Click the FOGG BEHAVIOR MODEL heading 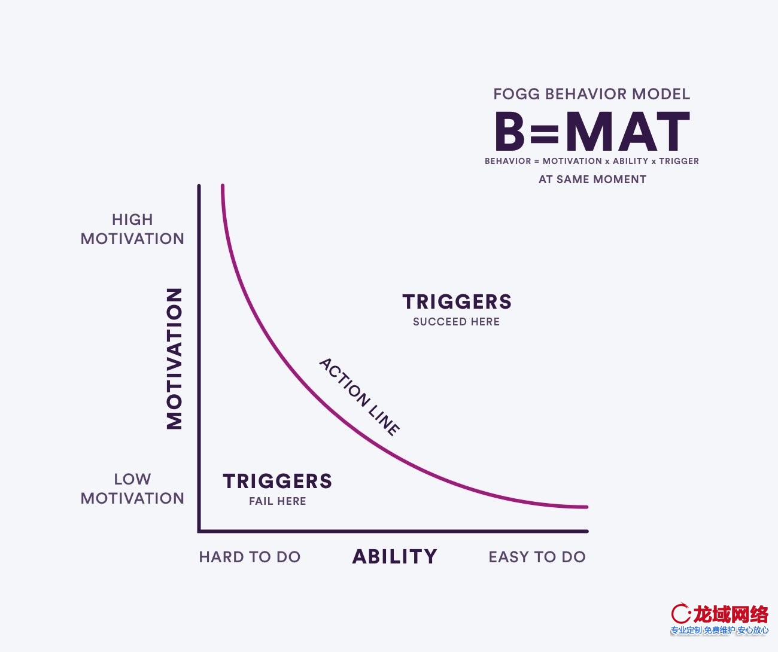tap(592, 94)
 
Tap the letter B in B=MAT tap(509, 131)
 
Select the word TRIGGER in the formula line tap(679, 162)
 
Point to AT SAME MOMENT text tap(592, 179)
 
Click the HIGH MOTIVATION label tap(132, 229)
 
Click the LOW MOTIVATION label tap(132, 489)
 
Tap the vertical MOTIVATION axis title tap(174, 358)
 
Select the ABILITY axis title tap(394, 557)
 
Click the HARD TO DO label tap(250, 557)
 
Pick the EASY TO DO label tap(537, 557)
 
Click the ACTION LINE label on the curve tap(360, 397)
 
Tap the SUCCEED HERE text tap(457, 322)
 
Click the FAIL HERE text tap(278, 501)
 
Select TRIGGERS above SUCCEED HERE tap(457, 301)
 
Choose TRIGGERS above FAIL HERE tap(278, 481)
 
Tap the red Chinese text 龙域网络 tap(731, 614)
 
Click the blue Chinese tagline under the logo tap(719, 630)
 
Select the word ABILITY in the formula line tap(631, 162)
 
